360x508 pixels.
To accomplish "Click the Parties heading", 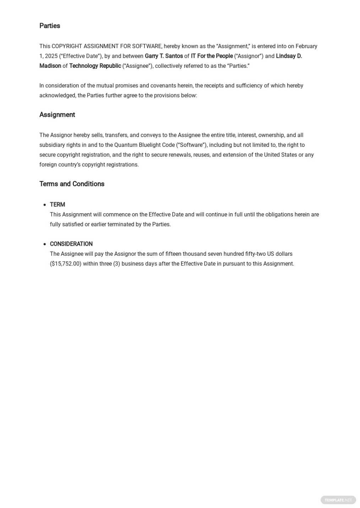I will [x=49, y=26].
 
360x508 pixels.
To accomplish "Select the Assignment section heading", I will [x=57, y=115].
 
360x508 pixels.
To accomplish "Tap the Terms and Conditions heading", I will [x=72, y=184].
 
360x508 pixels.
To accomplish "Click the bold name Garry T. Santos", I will [x=164, y=56].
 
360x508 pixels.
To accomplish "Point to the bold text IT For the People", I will [x=212, y=56].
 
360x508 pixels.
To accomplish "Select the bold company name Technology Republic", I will [x=95, y=66].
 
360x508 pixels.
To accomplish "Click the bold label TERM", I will [x=57, y=205].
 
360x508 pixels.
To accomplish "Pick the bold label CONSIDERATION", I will [x=71, y=244].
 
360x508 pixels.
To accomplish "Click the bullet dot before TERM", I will [x=45, y=205].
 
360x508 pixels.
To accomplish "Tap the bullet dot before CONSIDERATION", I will [x=45, y=244].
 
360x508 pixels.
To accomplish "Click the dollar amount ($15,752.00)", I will [x=66, y=264].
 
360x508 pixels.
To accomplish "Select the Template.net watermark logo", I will [x=338, y=500].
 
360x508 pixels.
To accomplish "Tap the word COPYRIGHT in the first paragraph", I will [x=67, y=46].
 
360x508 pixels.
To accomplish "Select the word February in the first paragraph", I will [x=306, y=46].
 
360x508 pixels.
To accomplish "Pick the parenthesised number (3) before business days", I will [x=116, y=264].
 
